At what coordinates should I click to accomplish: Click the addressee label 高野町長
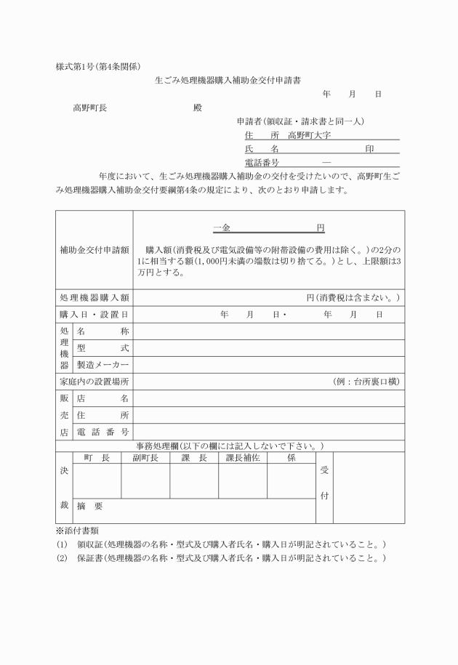pos(89,108)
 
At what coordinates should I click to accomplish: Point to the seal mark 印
pos(369,148)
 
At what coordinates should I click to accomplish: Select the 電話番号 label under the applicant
pos(262,162)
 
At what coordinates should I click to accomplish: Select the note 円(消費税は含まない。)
pos(353,298)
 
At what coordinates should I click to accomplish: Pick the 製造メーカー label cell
pos(103,365)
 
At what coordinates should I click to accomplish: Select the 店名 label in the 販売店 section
pos(103,398)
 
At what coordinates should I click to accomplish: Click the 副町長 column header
pos(145,457)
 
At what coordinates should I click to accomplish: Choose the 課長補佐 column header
pos(242,457)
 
